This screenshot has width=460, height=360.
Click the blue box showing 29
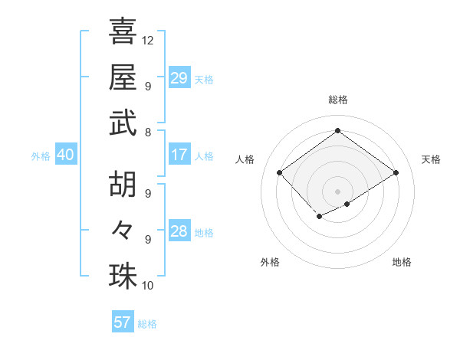[179, 77]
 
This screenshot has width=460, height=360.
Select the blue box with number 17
[179, 155]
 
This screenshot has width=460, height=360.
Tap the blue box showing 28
[179, 231]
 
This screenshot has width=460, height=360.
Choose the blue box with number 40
[65, 155]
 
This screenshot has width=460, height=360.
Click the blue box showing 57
[123, 322]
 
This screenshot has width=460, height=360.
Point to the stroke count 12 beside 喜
[148, 40]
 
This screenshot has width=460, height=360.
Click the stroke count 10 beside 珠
[148, 285]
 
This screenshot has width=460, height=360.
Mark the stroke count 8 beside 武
[147, 132]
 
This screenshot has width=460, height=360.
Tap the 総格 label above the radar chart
[337, 100]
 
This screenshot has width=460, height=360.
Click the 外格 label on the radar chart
[270, 262]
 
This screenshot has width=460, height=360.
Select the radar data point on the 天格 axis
[396, 173]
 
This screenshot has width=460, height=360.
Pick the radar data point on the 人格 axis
[280, 173]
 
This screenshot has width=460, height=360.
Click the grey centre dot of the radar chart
[337, 190]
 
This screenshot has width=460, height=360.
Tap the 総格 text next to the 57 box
[147, 324]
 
